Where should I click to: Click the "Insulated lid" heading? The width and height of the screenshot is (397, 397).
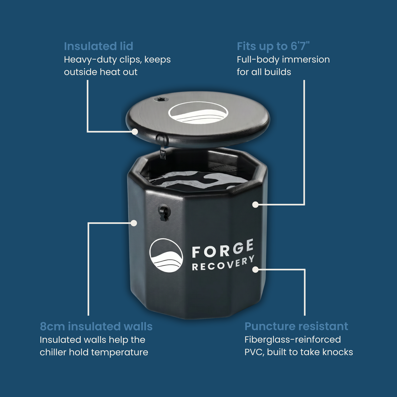coord(99,46)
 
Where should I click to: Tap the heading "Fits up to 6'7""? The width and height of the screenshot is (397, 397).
coord(273,47)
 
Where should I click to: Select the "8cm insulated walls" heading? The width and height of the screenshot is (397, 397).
coord(96,327)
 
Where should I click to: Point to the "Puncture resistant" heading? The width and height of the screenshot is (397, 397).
coord(296,327)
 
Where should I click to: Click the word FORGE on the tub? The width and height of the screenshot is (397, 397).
coord(223,248)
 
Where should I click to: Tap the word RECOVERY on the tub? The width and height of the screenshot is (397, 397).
coord(223,263)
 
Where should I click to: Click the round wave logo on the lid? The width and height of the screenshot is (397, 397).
coord(198,113)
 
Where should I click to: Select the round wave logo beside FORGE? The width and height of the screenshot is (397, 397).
coord(166,255)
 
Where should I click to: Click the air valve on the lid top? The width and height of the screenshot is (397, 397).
coord(161,100)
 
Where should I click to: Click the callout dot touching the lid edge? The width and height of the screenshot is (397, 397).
coord(135,131)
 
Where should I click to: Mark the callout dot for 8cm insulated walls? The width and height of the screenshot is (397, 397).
coord(134,223)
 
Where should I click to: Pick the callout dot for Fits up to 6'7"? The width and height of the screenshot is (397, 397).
coord(255,204)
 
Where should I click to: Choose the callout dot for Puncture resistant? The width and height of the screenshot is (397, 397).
coord(255,270)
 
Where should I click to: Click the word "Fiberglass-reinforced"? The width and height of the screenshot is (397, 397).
coord(292,339)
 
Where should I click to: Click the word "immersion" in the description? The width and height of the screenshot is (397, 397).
coord(306,60)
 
